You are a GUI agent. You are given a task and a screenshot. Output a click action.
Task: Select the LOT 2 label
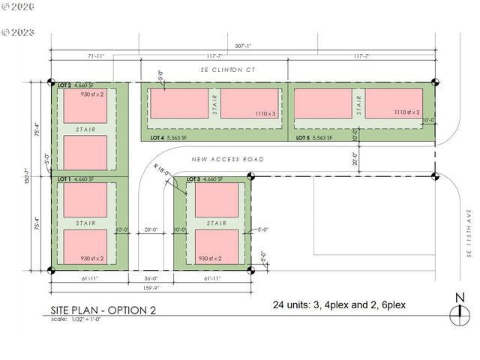pyautogui.click(x=65, y=85)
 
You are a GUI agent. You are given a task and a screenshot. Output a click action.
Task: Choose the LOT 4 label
pyautogui.click(x=156, y=138)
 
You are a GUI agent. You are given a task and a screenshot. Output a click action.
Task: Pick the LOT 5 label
pyautogui.click(x=303, y=138)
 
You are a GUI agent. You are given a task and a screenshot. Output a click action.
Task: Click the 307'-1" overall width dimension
pyautogui.click(x=244, y=44)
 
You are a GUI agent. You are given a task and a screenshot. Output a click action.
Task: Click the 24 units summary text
pyautogui.click(x=343, y=306)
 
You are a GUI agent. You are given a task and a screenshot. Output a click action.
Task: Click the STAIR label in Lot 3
pyautogui.click(x=217, y=223)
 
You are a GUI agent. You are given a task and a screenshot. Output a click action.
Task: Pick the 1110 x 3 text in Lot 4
pyautogui.click(x=264, y=113)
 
